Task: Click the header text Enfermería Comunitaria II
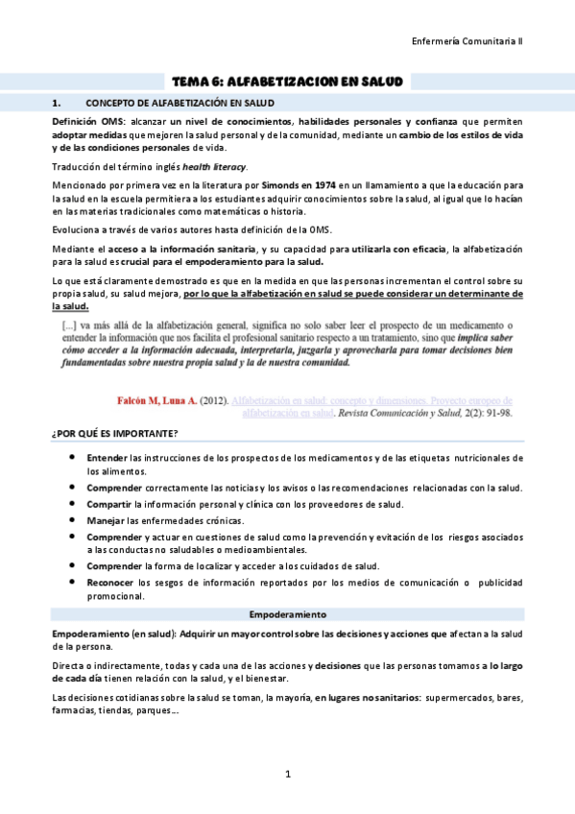tap(467, 42)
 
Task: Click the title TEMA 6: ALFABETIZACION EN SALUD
tap(287, 82)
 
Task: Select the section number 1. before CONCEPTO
tap(58, 102)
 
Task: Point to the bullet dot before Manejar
tap(74, 520)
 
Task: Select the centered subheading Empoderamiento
tap(287, 613)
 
